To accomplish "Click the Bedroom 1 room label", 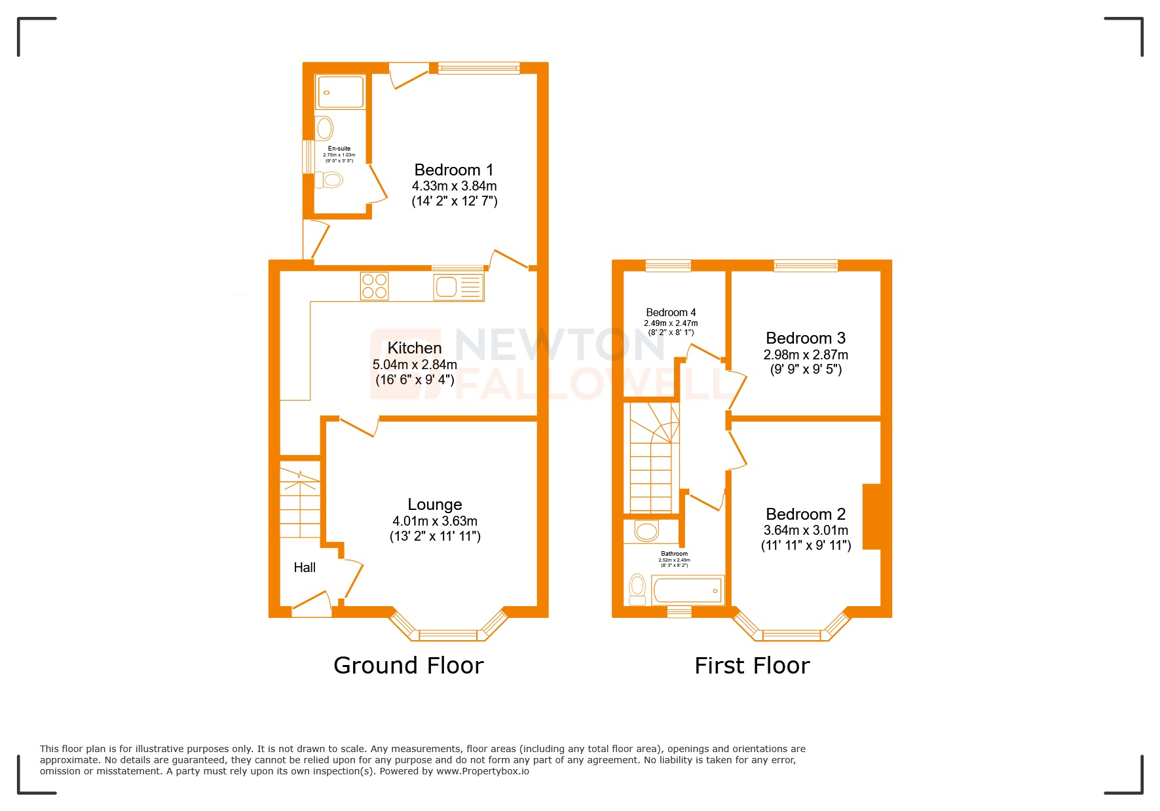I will click(453, 170).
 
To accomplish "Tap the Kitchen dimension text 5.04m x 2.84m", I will click(415, 365).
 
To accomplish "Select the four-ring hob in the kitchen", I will click(374, 286).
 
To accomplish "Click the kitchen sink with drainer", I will click(458, 287).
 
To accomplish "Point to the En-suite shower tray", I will click(339, 92).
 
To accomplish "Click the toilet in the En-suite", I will click(329, 179).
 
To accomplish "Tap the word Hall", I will click(305, 568).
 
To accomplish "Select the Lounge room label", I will click(435, 505).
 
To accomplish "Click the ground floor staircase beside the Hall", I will click(300, 501).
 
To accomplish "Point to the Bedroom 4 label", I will click(671, 312).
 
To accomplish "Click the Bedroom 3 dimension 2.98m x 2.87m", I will click(805, 355).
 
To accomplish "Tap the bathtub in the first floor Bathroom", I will click(688, 590).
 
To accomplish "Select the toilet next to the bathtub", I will click(637, 589).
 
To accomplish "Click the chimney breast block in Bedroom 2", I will click(871, 516).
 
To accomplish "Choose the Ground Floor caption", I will click(408, 666).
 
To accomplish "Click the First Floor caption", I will click(751, 666).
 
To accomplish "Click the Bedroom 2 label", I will click(805, 514).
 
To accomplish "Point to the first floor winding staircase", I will click(652, 458).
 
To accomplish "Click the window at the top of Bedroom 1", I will click(478, 67).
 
